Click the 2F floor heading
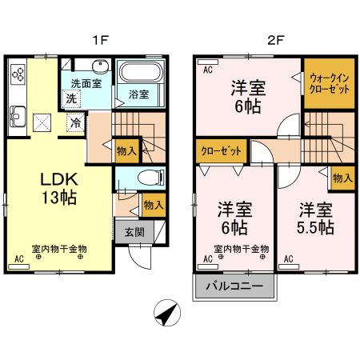click(x=275, y=37)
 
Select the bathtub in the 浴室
click(x=140, y=74)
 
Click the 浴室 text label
click(x=139, y=94)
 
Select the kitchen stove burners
click(x=18, y=77)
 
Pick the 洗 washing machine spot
click(x=72, y=98)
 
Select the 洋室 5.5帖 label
click(x=316, y=218)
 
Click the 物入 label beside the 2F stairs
click(x=342, y=178)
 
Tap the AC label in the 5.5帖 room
click(x=287, y=258)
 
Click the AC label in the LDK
click(x=20, y=258)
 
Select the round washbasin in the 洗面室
click(x=99, y=66)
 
